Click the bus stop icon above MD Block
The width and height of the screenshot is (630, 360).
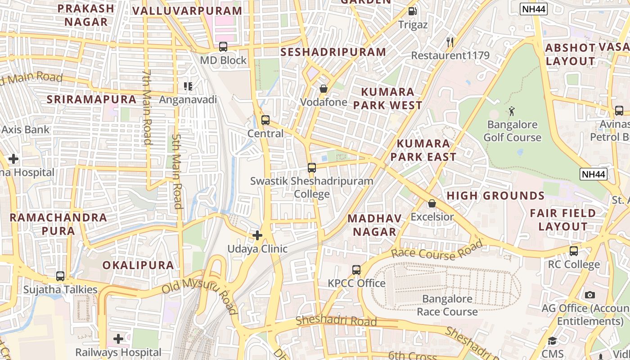point(223,47)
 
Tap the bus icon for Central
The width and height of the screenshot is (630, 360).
point(265,120)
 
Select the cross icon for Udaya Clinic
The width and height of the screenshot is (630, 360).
point(257,235)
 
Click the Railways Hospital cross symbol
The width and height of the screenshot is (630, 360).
point(118,338)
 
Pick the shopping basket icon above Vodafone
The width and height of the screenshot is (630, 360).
point(323,89)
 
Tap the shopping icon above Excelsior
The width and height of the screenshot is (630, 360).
point(432,203)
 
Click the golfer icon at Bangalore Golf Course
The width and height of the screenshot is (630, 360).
point(512,111)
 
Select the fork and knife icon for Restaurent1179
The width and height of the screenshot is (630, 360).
point(450,42)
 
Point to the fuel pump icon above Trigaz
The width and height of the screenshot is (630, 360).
point(412,11)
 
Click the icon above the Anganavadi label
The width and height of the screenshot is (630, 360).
point(188,86)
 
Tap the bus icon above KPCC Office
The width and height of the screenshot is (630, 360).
point(356,270)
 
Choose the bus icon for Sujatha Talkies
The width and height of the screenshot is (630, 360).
point(60,276)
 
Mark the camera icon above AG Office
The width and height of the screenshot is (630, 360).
point(590,295)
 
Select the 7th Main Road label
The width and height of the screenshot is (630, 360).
point(147,107)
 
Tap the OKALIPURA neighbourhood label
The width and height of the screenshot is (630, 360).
point(138,265)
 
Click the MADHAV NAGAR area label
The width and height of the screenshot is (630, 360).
point(374,225)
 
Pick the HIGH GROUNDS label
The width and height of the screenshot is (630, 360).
point(495,196)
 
